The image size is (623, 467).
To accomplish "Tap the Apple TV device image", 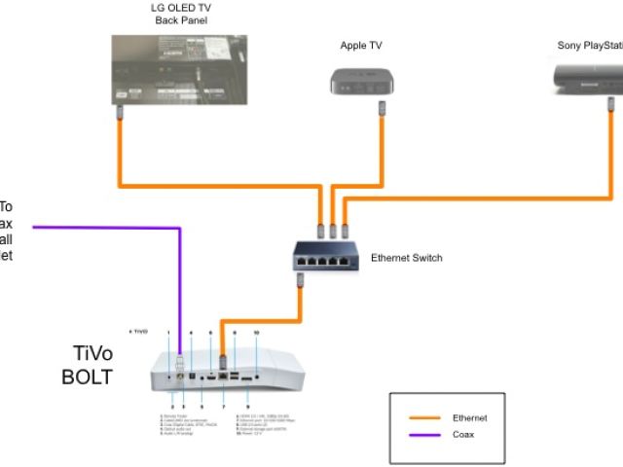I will click(360, 81).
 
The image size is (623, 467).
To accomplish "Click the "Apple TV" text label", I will click(360, 46).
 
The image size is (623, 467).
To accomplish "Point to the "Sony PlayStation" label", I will click(590, 46).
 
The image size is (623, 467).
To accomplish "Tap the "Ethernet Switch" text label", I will click(407, 258).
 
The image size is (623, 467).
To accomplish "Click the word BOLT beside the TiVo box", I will click(93, 375).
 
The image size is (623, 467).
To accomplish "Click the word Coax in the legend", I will click(463, 435).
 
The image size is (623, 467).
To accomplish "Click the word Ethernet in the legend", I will click(470, 417).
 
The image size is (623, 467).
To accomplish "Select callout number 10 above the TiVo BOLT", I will click(256, 334).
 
